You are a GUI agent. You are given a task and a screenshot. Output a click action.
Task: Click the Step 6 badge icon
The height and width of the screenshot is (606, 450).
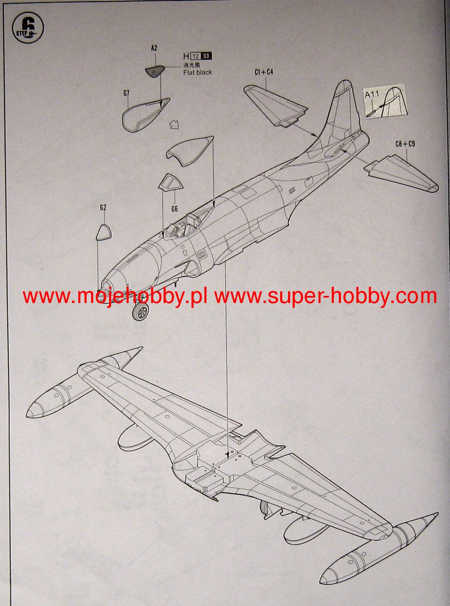[x=28, y=28]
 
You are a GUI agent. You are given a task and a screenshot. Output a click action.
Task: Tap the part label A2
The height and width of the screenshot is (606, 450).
[x=154, y=48]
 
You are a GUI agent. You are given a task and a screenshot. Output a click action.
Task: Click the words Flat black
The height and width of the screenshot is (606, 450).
[x=197, y=72]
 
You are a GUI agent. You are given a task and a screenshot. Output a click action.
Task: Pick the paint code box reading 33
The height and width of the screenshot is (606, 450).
[x=206, y=56]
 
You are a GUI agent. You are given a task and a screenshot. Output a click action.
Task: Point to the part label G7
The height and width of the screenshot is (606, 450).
[x=127, y=93]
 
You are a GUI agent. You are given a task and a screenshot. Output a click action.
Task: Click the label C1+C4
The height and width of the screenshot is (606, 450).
[x=264, y=72]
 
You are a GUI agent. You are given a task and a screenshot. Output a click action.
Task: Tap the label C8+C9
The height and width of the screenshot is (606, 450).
[x=405, y=144]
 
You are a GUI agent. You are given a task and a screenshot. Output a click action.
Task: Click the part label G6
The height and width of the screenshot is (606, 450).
[x=174, y=209]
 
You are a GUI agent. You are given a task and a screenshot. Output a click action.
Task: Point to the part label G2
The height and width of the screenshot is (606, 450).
[x=103, y=207]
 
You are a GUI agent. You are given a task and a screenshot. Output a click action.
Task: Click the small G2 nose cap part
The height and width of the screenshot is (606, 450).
[x=104, y=233]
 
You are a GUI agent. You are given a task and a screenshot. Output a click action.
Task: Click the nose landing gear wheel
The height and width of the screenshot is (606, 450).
[x=141, y=311]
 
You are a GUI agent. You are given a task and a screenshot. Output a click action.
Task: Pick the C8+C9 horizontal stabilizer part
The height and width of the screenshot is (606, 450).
[x=402, y=172]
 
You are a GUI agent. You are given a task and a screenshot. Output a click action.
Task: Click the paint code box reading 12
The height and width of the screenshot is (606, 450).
[x=195, y=56]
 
